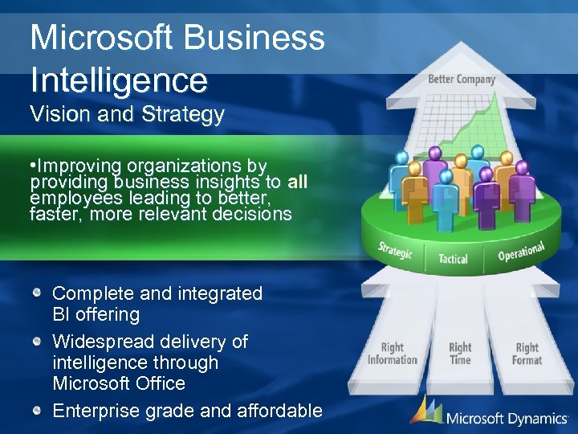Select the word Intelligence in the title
119,80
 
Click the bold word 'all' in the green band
297,182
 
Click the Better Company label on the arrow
462,79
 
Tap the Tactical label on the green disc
453,259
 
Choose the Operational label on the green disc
521,251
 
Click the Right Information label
393,354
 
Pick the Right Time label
460,354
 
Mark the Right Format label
527,354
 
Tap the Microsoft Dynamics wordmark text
507,417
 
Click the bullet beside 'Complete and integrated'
37,293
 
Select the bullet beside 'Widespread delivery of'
37,342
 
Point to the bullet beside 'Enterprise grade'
37,411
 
